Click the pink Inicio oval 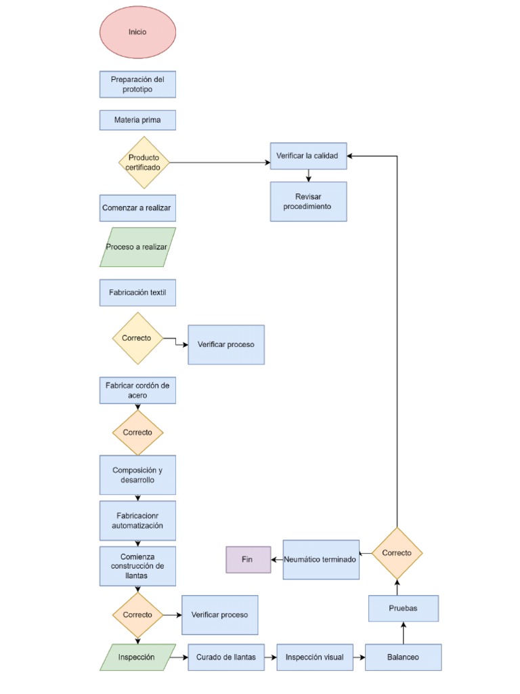point(137,32)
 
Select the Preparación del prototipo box point(137,84)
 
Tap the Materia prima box point(137,120)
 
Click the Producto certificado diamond point(144,162)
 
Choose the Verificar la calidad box point(308,156)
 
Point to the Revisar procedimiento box point(308,201)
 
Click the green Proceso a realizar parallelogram point(137,247)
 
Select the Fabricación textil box point(137,293)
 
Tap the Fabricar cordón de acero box point(137,390)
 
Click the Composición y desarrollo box point(137,474)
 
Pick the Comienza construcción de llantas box point(137,566)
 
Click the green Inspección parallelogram point(137,657)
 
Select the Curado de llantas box point(226,657)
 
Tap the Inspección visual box point(315,657)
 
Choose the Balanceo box point(404,657)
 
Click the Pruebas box point(404,608)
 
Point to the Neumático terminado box point(321,560)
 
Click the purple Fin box point(248,560)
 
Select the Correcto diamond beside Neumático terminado point(397,553)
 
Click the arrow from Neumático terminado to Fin point(277,560)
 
